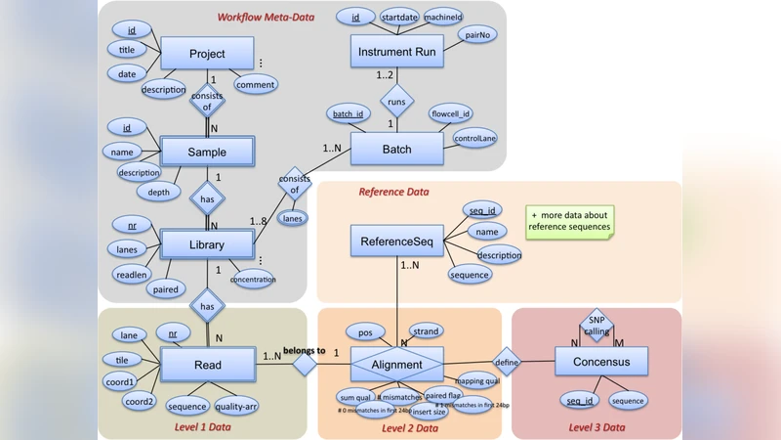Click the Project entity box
pyautogui.click(x=207, y=54)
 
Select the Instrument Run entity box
pyautogui.click(x=397, y=50)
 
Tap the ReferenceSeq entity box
pyautogui.click(x=396, y=241)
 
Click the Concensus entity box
pyautogui.click(x=601, y=362)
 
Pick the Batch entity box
pyautogui.click(x=396, y=149)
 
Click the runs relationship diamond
pyautogui.click(x=397, y=100)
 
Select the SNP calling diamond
pyautogui.click(x=596, y=325)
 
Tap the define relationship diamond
pyautogui.click(x=507, y=361)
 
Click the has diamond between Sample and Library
pyautogui.click(x=207, y=198)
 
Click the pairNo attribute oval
pyautogui.click(x=480, y=35)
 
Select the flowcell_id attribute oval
pyautogui.click(x=451, y=113)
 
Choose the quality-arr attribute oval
pyautogui.click(x=235, y=407)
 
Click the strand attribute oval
pyautogui.click(x=426, y=331)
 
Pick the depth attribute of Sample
pyautogui.click(x=158, y=193)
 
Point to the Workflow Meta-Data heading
pyautogui.click(x=266, y=17)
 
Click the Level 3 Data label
pyautogui.click(x=596, y=427)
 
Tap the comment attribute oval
pyautogui.click(x=255, y=85)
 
